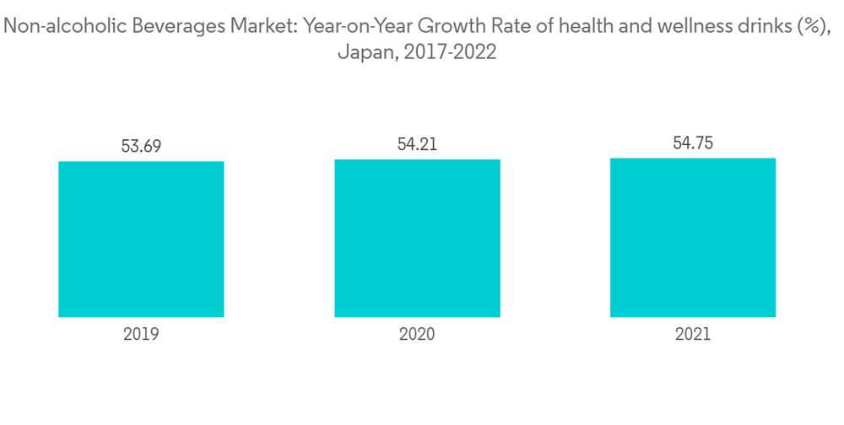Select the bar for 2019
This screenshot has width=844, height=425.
141,239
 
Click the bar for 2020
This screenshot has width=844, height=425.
417,238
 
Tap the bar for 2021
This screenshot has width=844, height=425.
693,237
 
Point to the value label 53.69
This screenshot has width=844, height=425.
141,146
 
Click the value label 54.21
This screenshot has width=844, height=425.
417,144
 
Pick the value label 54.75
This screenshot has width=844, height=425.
693,143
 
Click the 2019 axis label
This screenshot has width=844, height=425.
141,334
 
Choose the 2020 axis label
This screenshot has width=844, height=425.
417,334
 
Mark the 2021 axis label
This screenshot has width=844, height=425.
693,334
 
